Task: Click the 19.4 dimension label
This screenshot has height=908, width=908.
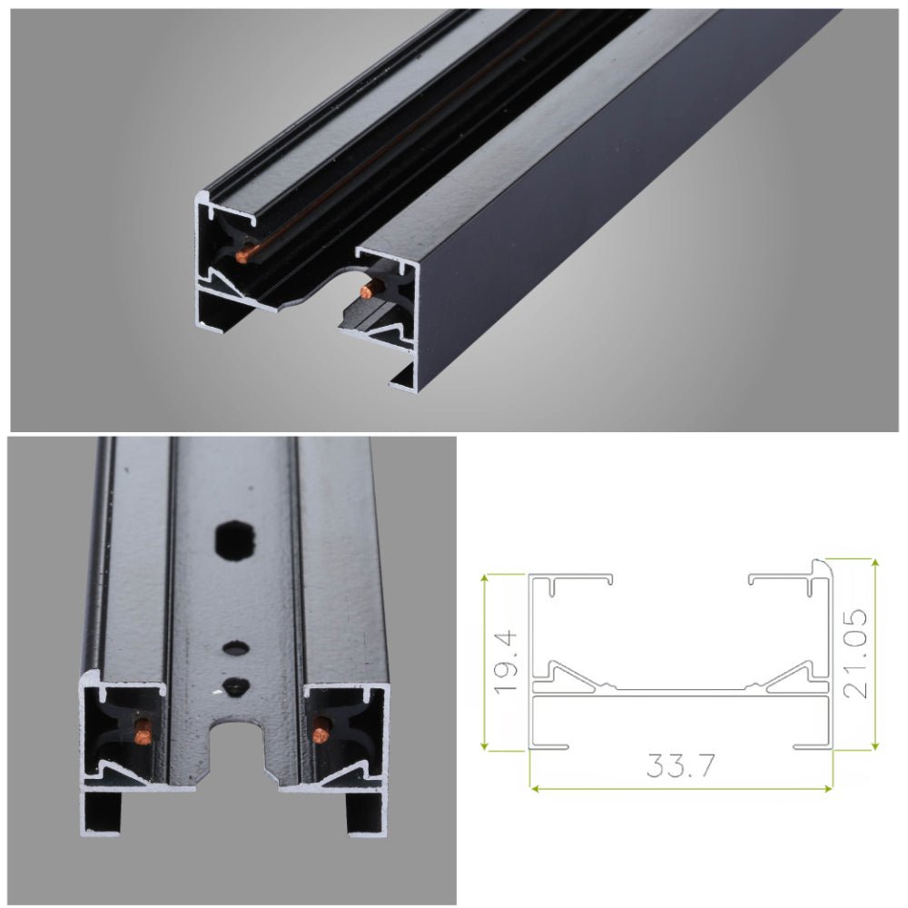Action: pyautogui.click(x=506, y=663)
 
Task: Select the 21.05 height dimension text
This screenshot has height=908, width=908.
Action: pyautogui.click(x=855, y=654)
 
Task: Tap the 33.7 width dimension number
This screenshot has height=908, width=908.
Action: pyautogui.click(x=680, y=767)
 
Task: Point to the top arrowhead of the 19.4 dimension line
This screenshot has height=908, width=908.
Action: pyautogui.click(x=487, y=577)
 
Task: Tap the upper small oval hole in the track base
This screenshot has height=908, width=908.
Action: pyautogui.click(x=235, y=649)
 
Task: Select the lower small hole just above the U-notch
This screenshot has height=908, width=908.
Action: pyautogui.click(x=235, y=686)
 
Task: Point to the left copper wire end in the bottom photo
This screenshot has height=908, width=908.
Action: pyautogui.click(x=142, y=728)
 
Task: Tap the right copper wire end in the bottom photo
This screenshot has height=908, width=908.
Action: pyautogui.click(x=320, y=729)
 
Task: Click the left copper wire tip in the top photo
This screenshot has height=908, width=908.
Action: pyautogui.click(x=242, y=257)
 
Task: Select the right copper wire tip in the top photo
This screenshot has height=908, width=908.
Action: pyautogui.click(x=367, y=291)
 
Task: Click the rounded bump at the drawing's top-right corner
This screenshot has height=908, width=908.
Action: pyautogui.click(x=822, y=568)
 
